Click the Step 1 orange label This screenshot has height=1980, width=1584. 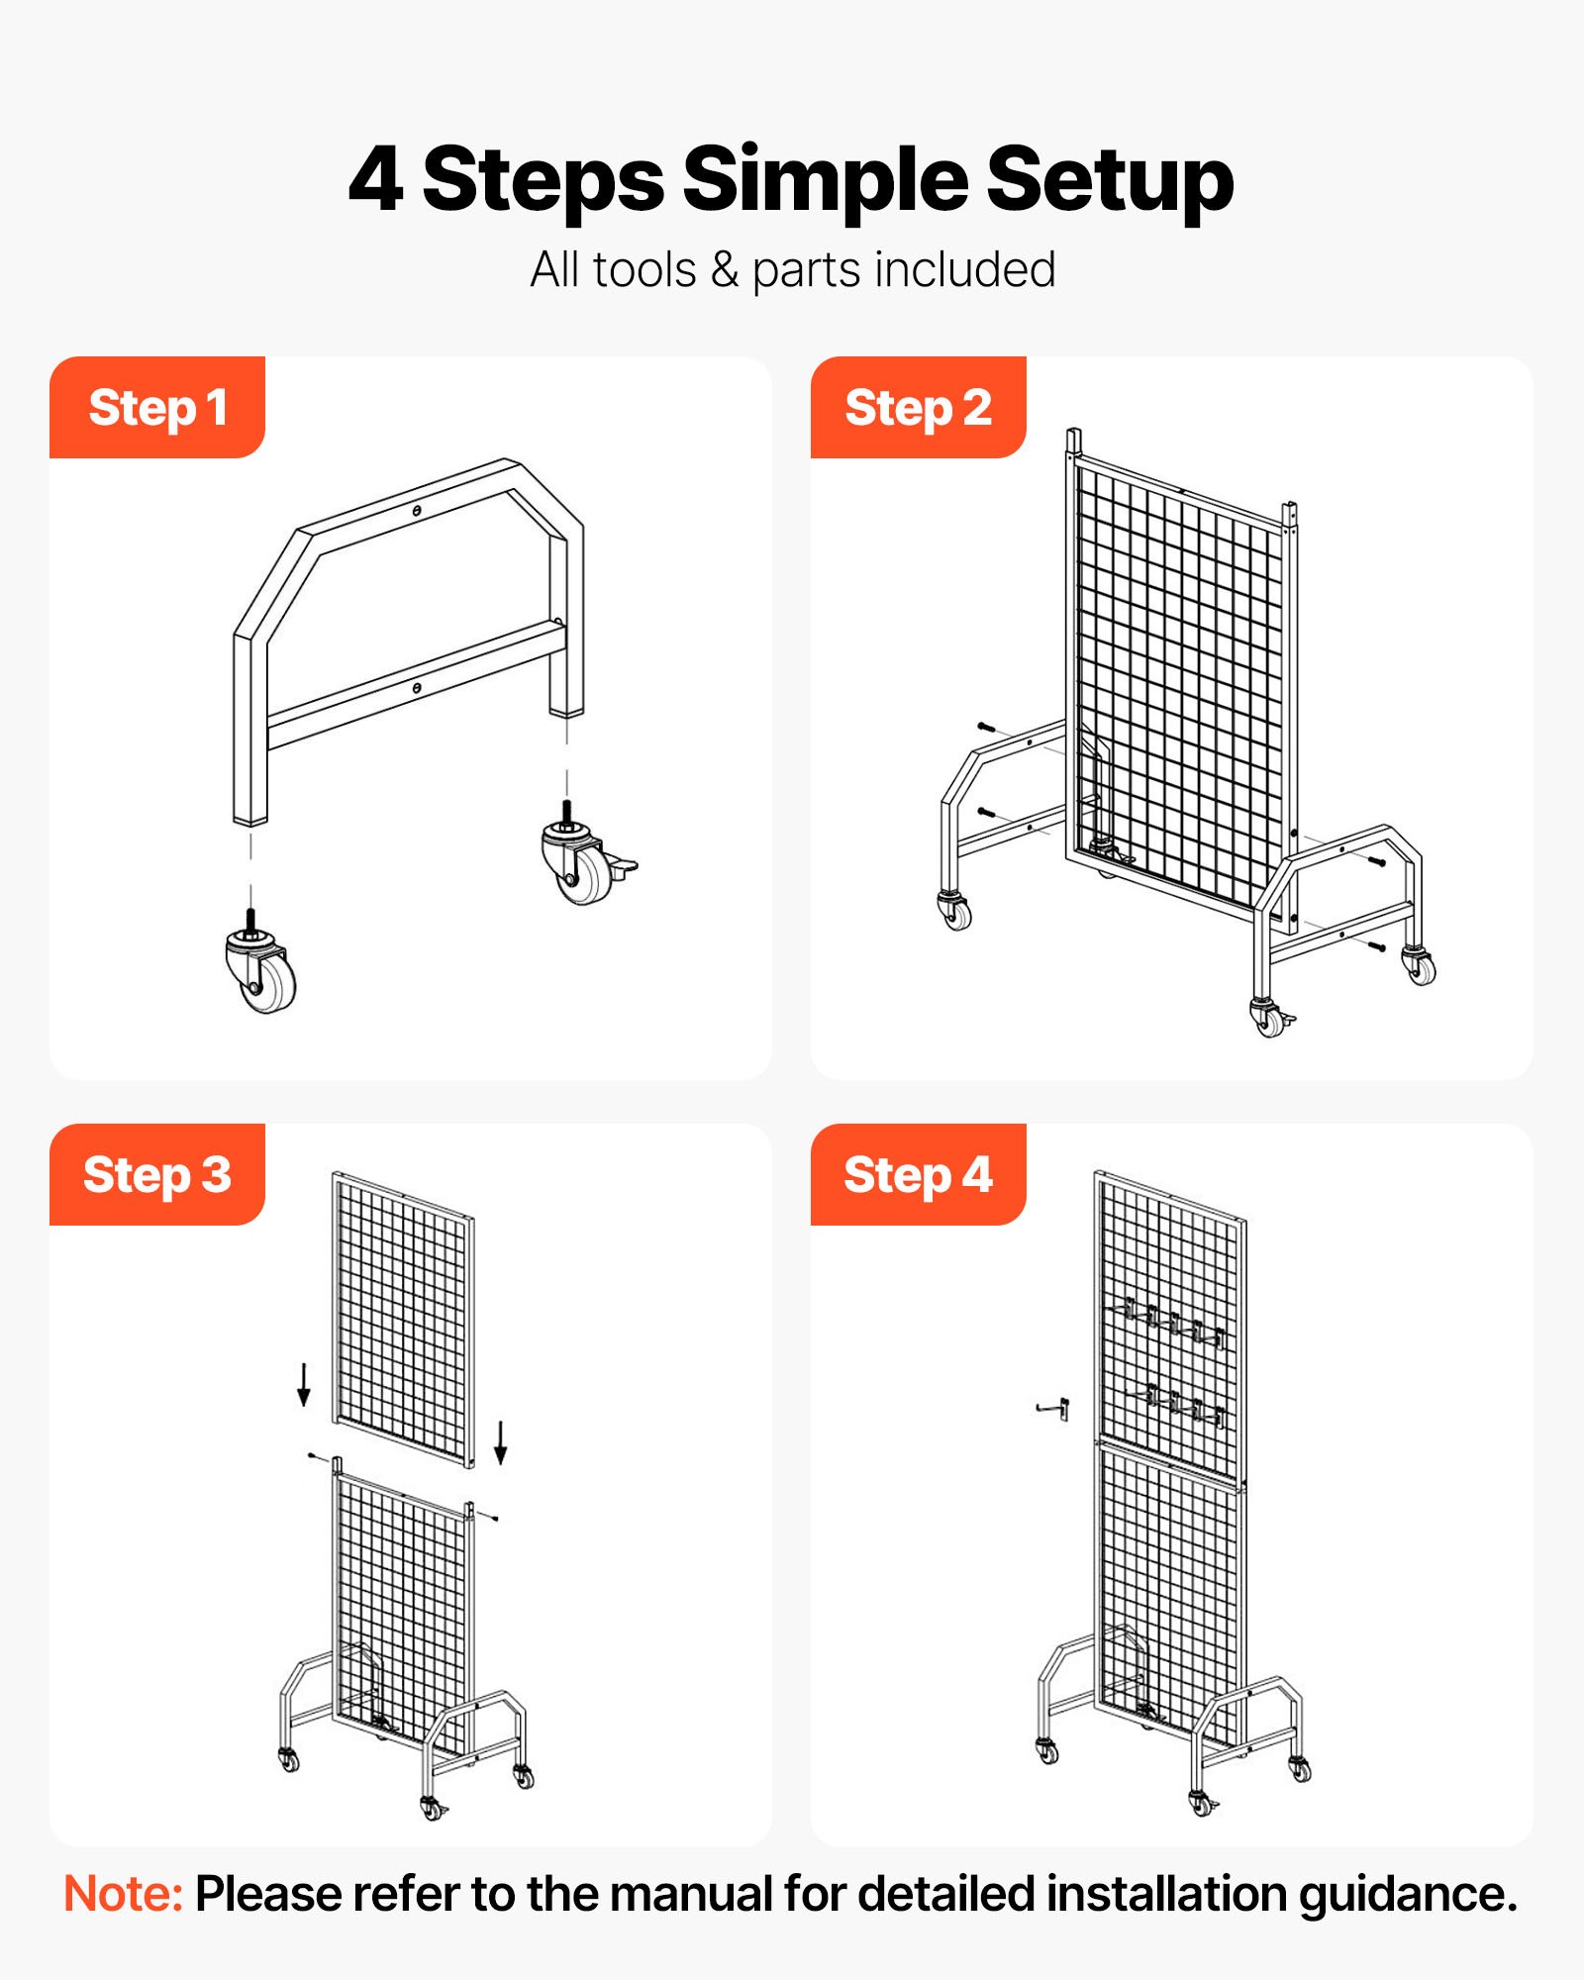tap(157, 408)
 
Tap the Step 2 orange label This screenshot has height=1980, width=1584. tap(918, 408)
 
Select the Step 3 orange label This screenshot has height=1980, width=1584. tap(157, 1175)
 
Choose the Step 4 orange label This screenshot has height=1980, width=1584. tap(918, 1175)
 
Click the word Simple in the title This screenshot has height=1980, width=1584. tap(825, 179)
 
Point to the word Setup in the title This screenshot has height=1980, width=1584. tap(1110, 179)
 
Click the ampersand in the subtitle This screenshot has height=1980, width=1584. tap(725, 270)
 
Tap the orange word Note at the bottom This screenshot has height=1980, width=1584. tap(123, 1894)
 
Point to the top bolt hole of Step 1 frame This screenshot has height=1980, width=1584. tap(418, 511)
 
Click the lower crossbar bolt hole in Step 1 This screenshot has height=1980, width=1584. tap(417, 687)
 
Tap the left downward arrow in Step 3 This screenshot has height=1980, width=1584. tap(304, 1383)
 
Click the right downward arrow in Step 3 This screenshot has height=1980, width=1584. tap(501, 1441)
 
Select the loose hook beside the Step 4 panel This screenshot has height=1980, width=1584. tap(1054, 1408)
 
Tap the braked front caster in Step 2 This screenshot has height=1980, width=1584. tap(1269, 1017)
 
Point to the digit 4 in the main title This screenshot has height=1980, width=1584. tap(376, 179)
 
